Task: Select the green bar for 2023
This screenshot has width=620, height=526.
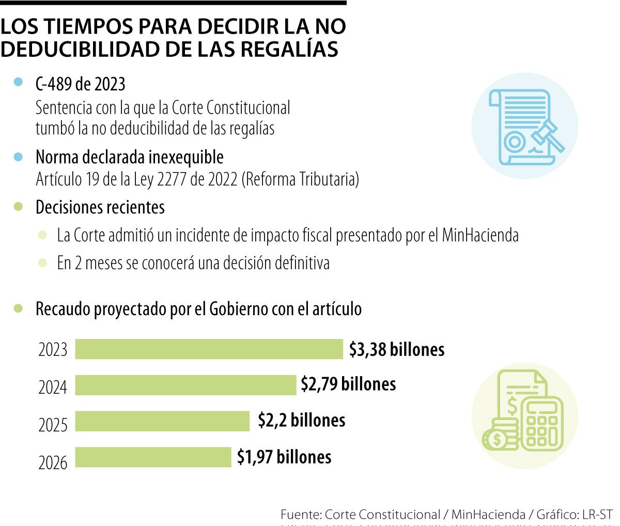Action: tap(209, 349)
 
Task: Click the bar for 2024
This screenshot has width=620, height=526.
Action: tap(185, 385)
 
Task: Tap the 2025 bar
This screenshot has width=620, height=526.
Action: tap(162, 421)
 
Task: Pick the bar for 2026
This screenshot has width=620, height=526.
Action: tap(153, 457)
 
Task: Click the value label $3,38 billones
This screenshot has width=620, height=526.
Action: tap(397, 350)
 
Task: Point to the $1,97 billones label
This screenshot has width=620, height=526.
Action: tap(284, 457)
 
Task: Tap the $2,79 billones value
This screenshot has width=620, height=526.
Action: tap(348, 384)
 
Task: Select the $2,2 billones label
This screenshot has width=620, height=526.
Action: tap(302, 420)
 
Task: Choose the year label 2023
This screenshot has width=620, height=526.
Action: tap(53, 350)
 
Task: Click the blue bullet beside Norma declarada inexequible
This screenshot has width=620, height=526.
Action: tap(19, 157)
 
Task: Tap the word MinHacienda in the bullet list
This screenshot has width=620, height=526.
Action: tap(480, 236)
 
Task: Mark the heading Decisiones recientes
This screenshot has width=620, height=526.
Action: tap(100, 207)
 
